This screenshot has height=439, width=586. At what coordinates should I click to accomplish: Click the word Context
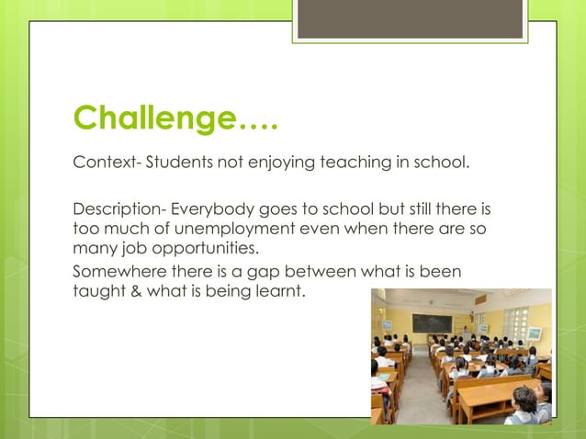pyautogui.click(x=101, y=164)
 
